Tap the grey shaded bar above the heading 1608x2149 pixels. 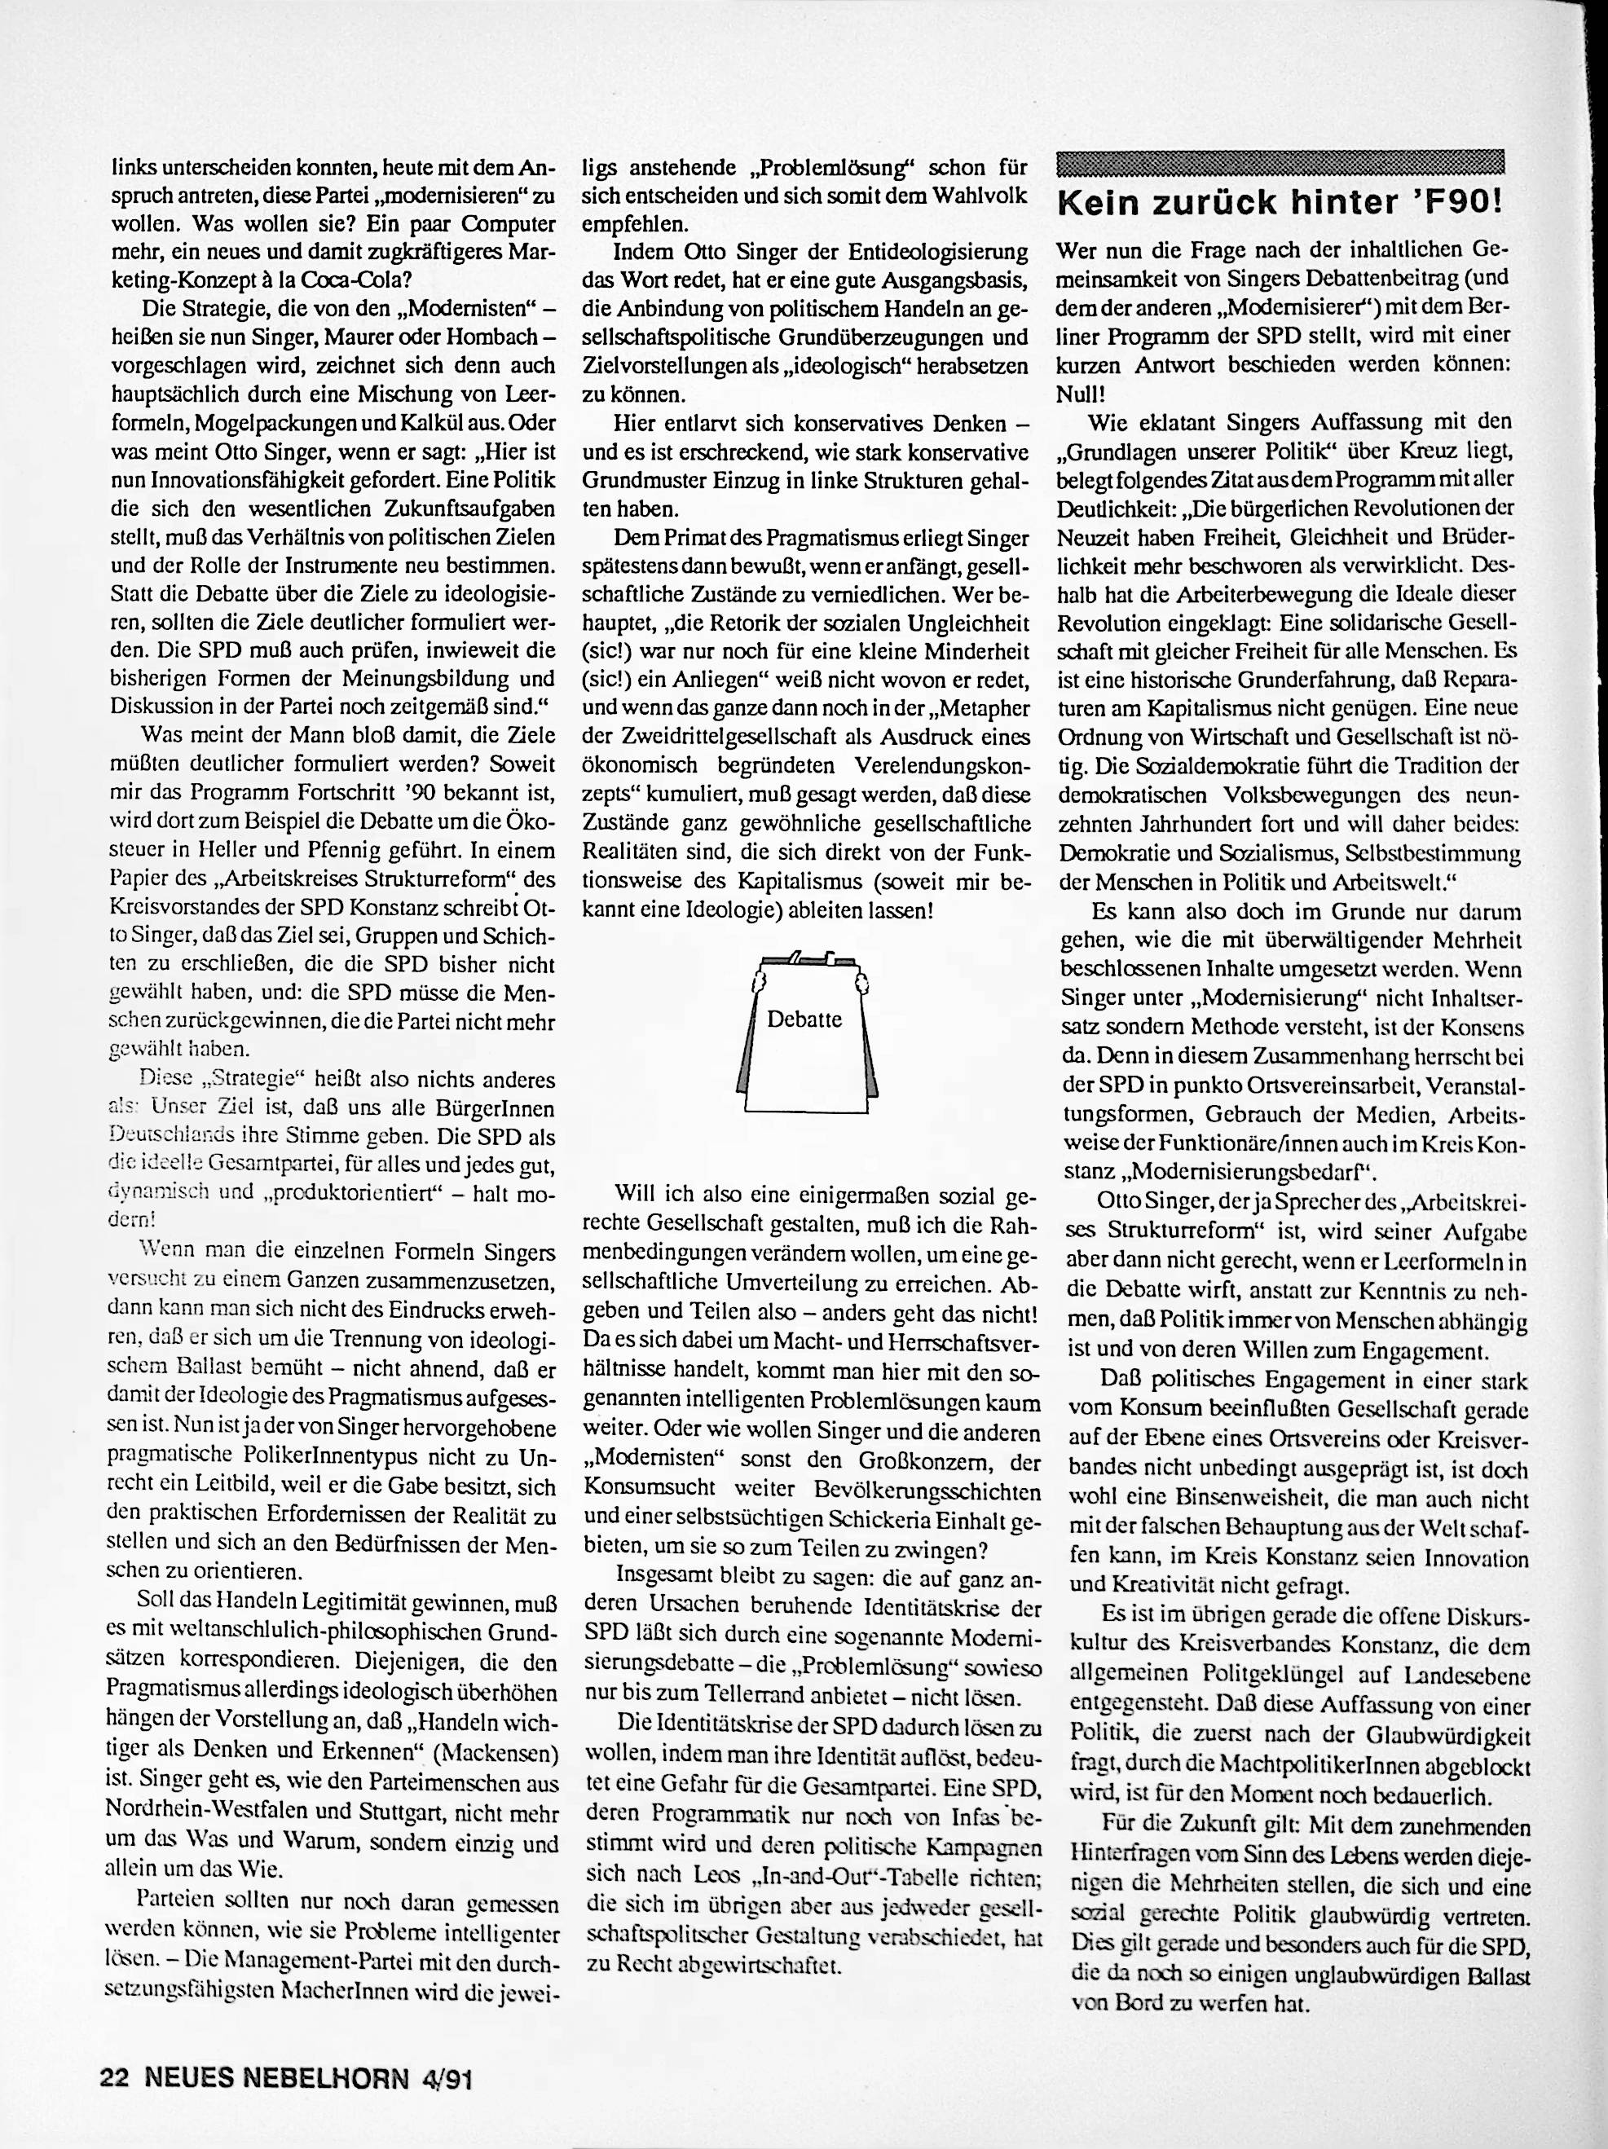1280,161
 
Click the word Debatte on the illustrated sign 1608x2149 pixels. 804,1019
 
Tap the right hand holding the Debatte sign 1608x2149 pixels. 859,980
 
